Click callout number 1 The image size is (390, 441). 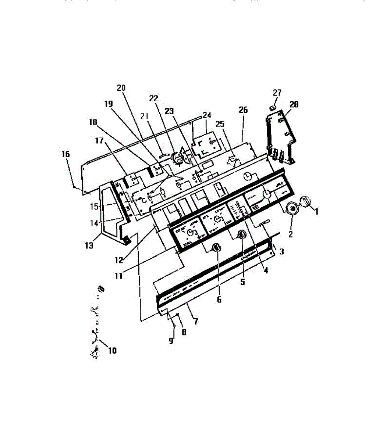[x=316, y=212]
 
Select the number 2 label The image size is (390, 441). [x=290, y=234]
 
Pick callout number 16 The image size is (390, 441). [x=65, y=154]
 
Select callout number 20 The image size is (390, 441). [x=121, y=88]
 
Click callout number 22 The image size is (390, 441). [x=153, y=98]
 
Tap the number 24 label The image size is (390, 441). [x=206, y=115]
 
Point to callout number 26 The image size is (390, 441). [x=243, y=110]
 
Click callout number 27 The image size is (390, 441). [x=277, y=92]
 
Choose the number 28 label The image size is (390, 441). [x=294, y=105]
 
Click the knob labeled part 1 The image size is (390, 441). [x=306, y=201]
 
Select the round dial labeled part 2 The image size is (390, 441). [x=293, y=208]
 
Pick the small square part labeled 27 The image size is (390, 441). [x=273, y=107]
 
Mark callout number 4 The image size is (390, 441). [x=266, y=270]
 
